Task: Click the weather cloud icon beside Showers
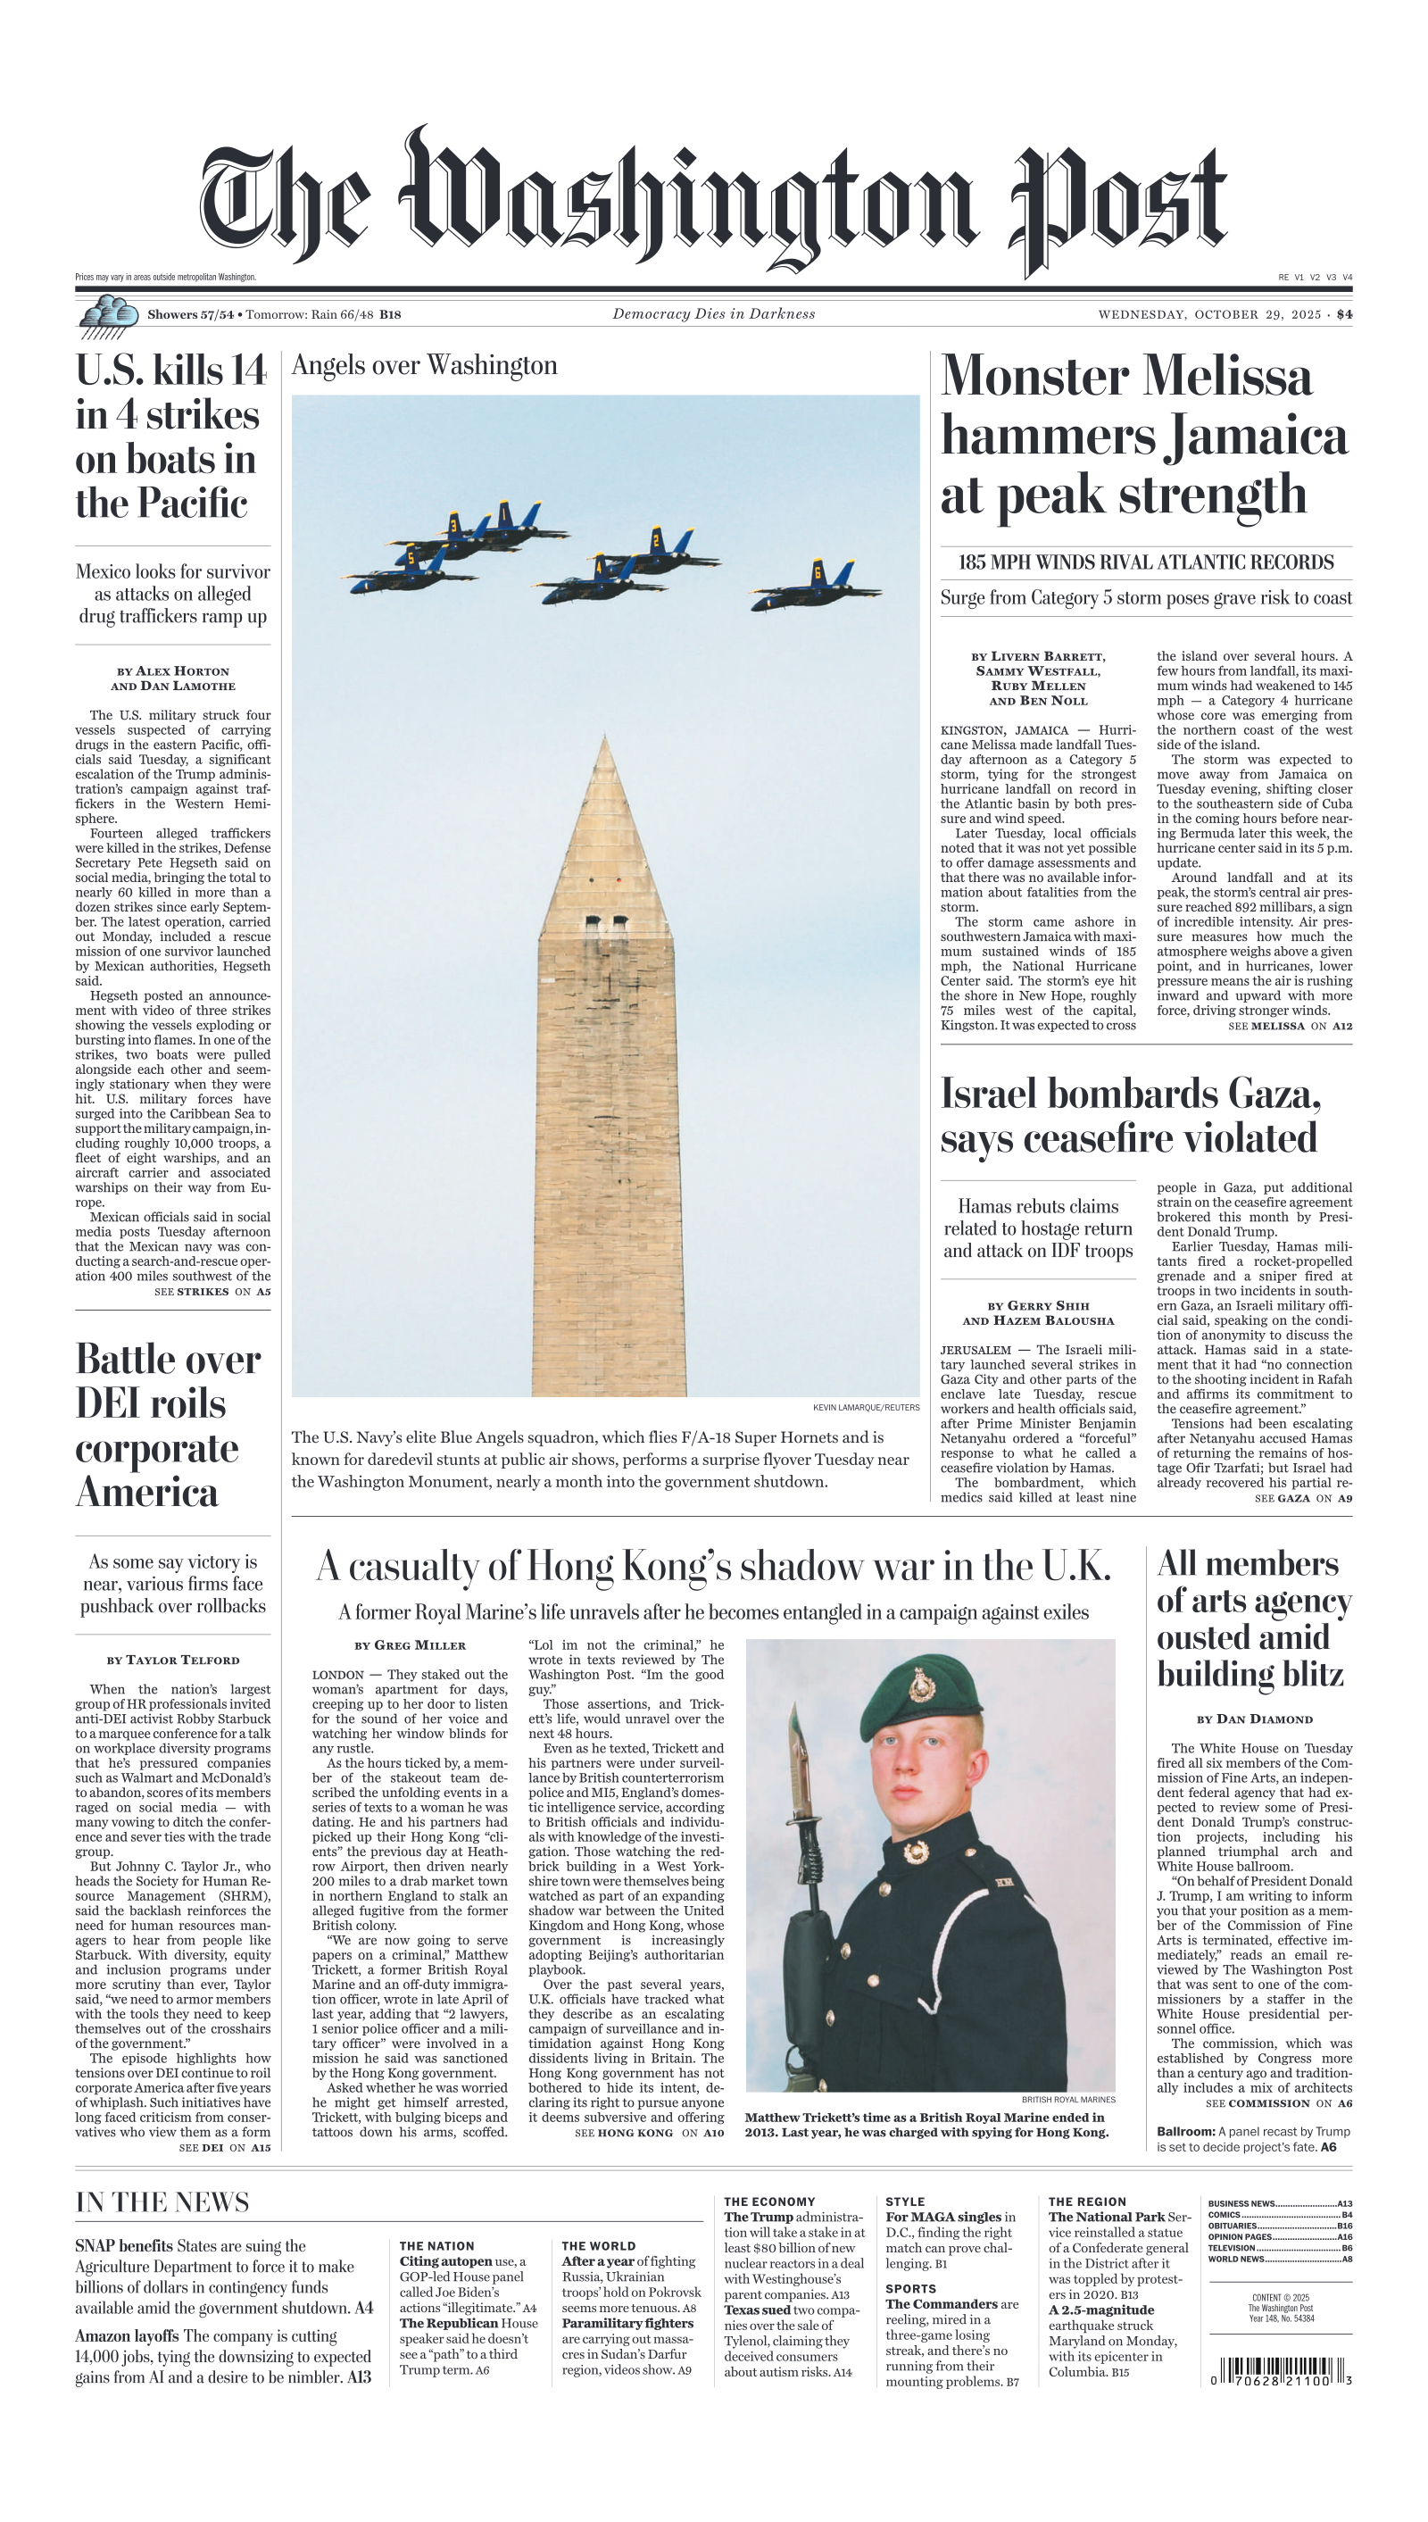click(x=108, y=315)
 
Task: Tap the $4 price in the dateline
click(x=1343, y=315)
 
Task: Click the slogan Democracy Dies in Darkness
click(x=713, y=314)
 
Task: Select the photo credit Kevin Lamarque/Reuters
click(x=866, y=1408)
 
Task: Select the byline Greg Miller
click(x=410, y=1645)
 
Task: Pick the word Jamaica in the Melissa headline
click(x=1258, y=437)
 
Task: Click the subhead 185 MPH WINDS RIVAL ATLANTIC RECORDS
click(x=1146, y=562)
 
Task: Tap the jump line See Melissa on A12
click(x=1290, y=1026)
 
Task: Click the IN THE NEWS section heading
click(x=162, y=2202)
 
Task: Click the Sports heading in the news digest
click(x=910, y=2288)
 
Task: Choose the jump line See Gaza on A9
click(x=1302, y=1498)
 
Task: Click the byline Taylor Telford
click(x=172, y=1660)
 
